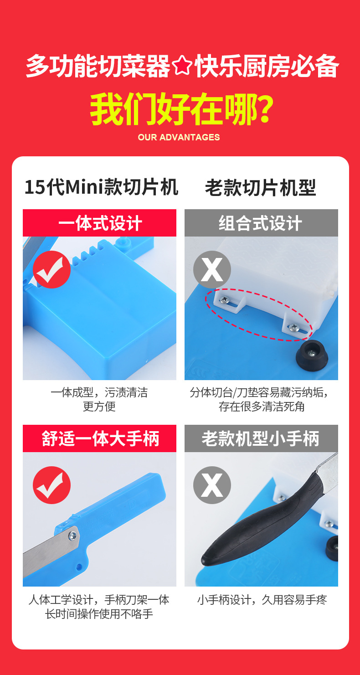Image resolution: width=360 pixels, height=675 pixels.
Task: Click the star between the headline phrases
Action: tap(182, 67)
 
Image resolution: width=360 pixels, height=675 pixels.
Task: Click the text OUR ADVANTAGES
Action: tap(179, 137)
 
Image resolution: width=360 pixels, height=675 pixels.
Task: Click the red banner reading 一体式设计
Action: tap(99, 223)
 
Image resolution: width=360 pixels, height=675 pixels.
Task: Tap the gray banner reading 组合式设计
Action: tap(261, 223)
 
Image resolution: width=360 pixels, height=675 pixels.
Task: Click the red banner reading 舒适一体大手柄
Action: tap(99, 438)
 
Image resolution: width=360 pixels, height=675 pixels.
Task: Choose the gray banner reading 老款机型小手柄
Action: tap(261, 438)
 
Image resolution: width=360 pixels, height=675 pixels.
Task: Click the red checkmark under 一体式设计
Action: tap(51, 269)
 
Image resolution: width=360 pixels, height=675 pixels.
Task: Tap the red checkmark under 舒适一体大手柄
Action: tap(51, 485)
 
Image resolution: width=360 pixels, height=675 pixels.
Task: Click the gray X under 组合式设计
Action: tap(212, 269)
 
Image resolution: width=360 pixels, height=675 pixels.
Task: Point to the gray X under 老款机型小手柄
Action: tap(212, 485)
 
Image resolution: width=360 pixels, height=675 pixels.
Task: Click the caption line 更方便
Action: tap(99, 407)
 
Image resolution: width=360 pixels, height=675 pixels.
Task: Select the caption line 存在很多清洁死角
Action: tap(261, 407)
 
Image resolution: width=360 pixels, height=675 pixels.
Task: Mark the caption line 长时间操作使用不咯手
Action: tap(99, 614)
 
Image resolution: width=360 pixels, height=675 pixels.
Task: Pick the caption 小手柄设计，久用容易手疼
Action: tap(262, 600)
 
